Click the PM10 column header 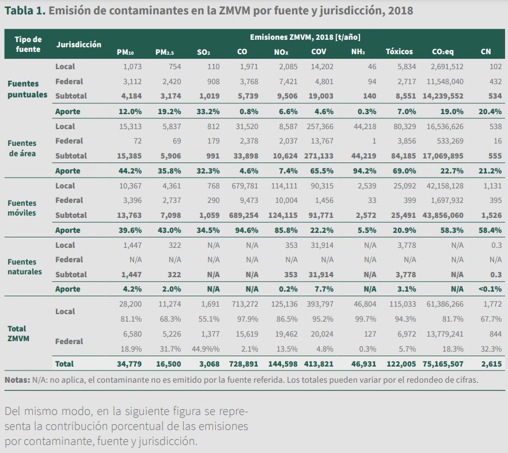pyautogui.click(x=126, y=52)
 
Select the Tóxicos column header pyautogui.click(x=399, y=52)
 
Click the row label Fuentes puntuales pyautogui.click(x=27, y=89)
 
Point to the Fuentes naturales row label pyautogui.click(x=25, y=267)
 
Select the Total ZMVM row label pyautogui.click(x=18, y=334)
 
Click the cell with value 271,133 pyautogui.click(x=318, y=156)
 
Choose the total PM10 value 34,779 pyautogui.click(x=128, y=364)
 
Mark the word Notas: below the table pyautogui.click(x=17, y=380)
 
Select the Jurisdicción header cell pyautogui.click(x=79, y=44)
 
